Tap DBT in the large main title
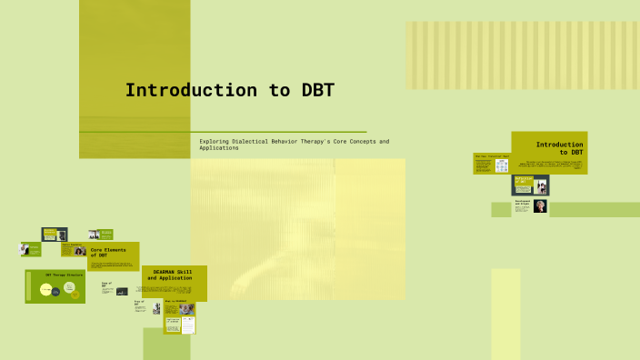[317, 90]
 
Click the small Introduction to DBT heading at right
[559, 148]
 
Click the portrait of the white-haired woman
[540, 206]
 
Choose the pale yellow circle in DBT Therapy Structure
[45, 290]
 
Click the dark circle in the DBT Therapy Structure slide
[55, 292]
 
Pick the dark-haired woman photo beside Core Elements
[80, 251]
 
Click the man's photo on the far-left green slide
[25, 249]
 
